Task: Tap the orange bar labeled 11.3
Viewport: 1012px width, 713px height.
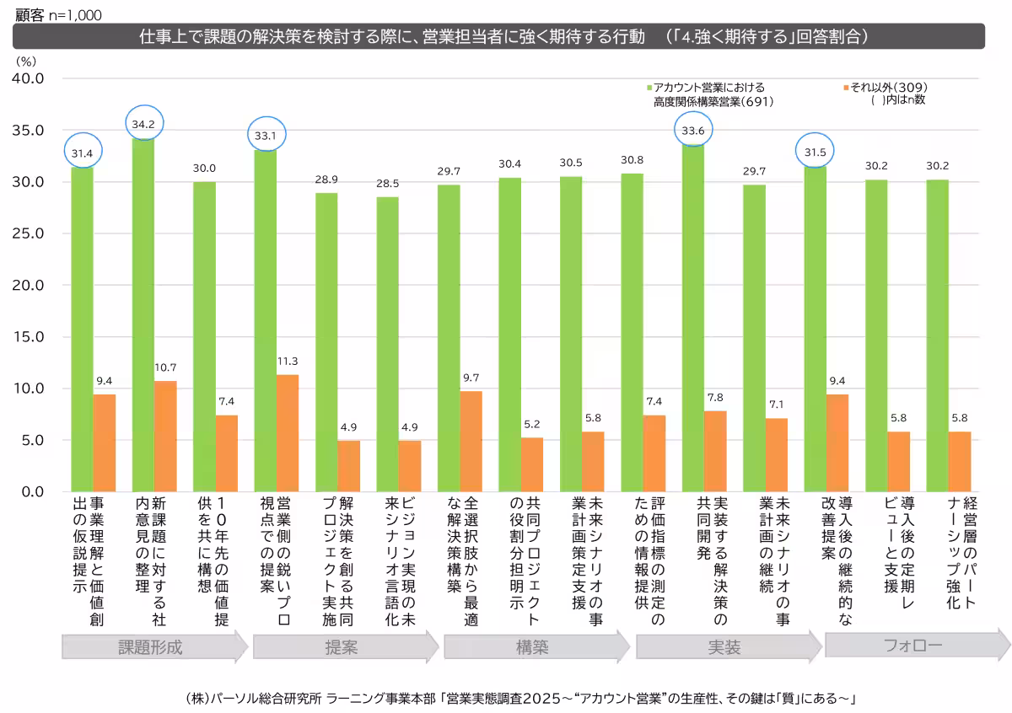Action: click(x=288, y=433)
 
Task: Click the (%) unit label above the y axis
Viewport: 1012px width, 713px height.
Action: click(x=25, y=60)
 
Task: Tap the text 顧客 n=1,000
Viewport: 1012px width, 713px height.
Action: click(x=55, y=14)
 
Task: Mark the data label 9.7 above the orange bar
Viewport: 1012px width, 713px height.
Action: click(x=471, y=378)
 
